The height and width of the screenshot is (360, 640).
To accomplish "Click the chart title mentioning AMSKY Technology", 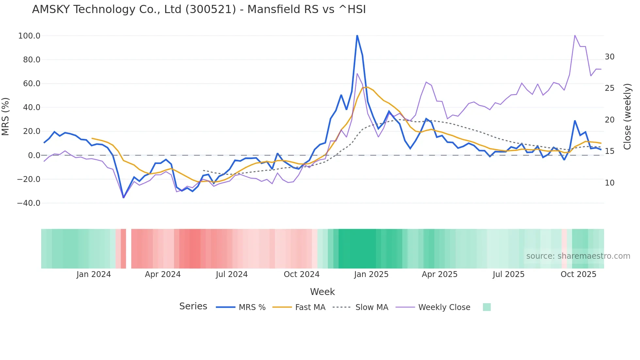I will click(x=199, y=9).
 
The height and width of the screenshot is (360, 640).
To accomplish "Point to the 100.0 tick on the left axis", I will click(x=29, y=36).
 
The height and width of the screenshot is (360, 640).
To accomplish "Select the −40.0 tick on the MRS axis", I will click(x=28, y=203).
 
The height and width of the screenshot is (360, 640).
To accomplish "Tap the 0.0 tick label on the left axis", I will click(x=34, y=155).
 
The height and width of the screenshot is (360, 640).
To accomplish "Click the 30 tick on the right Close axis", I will click(x=609, y=57).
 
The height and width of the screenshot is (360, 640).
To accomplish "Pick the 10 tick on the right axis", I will click(x=609, y=183).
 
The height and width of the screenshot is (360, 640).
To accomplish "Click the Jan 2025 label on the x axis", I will click(x=371, y=274).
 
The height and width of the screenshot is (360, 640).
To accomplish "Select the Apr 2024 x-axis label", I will click(x=163, y=274).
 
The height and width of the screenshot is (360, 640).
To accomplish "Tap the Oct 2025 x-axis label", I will click(x=578, y=274).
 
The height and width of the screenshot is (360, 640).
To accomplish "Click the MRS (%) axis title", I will click(x=6, y=117).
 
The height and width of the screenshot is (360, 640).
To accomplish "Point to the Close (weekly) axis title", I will click(x=627, y=117).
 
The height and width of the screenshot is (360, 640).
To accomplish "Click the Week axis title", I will click(x=322, y=292).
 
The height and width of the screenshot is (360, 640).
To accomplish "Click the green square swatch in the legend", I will click(x=487, y=307).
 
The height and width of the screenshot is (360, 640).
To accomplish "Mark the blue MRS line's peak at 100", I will click(x=357, y=36).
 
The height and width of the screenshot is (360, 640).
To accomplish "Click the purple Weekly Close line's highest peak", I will click(x=575, y=36).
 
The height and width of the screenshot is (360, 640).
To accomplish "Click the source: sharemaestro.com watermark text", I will click(x=578, y=256).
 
